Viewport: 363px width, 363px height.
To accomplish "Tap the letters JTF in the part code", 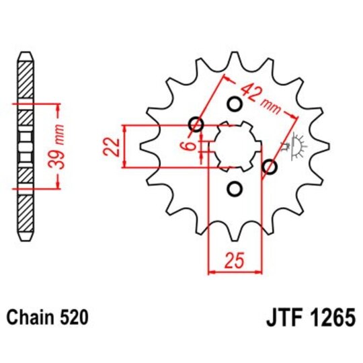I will (274, 316).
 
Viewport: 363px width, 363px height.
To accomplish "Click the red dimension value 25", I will (234, 259).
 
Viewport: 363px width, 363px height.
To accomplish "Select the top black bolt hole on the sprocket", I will (235, 104).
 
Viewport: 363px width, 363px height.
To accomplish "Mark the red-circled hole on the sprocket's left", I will (196, 124).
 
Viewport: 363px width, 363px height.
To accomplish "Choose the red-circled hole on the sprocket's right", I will (270, 167).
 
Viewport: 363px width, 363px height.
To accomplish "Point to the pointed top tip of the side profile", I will (24, 52).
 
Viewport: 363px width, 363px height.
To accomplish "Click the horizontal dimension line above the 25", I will (234, 272).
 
